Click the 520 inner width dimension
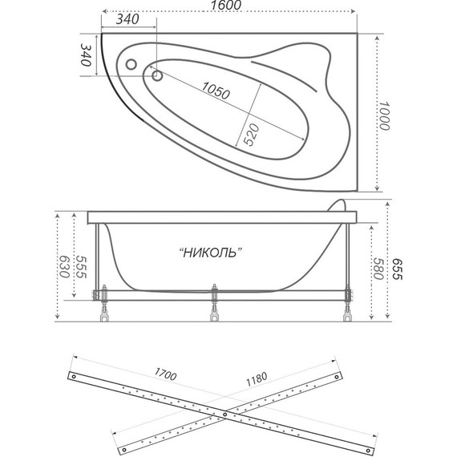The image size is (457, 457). coord(251,136)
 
